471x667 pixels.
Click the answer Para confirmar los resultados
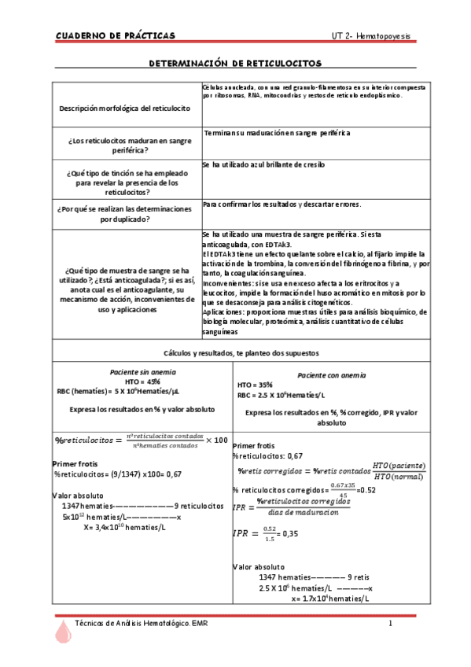tap(281, 205)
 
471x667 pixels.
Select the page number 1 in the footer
tap(390, 624)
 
